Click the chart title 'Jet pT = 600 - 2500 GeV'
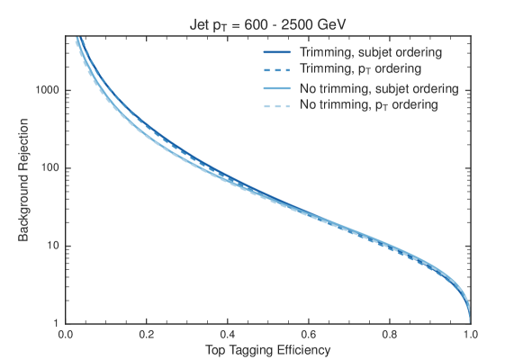(x=267, y=24)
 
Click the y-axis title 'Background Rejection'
(x=25, y=180)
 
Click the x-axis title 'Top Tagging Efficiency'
(x=267, y=348)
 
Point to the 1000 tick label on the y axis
(x=46, y=91)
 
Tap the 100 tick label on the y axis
(x=49, y=168)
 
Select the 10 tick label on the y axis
(x=51, y=246)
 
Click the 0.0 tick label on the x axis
(x=66, y=333)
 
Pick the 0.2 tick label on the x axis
(x=147, y=333)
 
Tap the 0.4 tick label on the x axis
(x=228, y=333)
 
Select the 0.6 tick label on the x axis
(x=309, y=333)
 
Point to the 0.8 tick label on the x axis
(x=390, y=333)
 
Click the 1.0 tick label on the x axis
(x=470, y=333)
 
